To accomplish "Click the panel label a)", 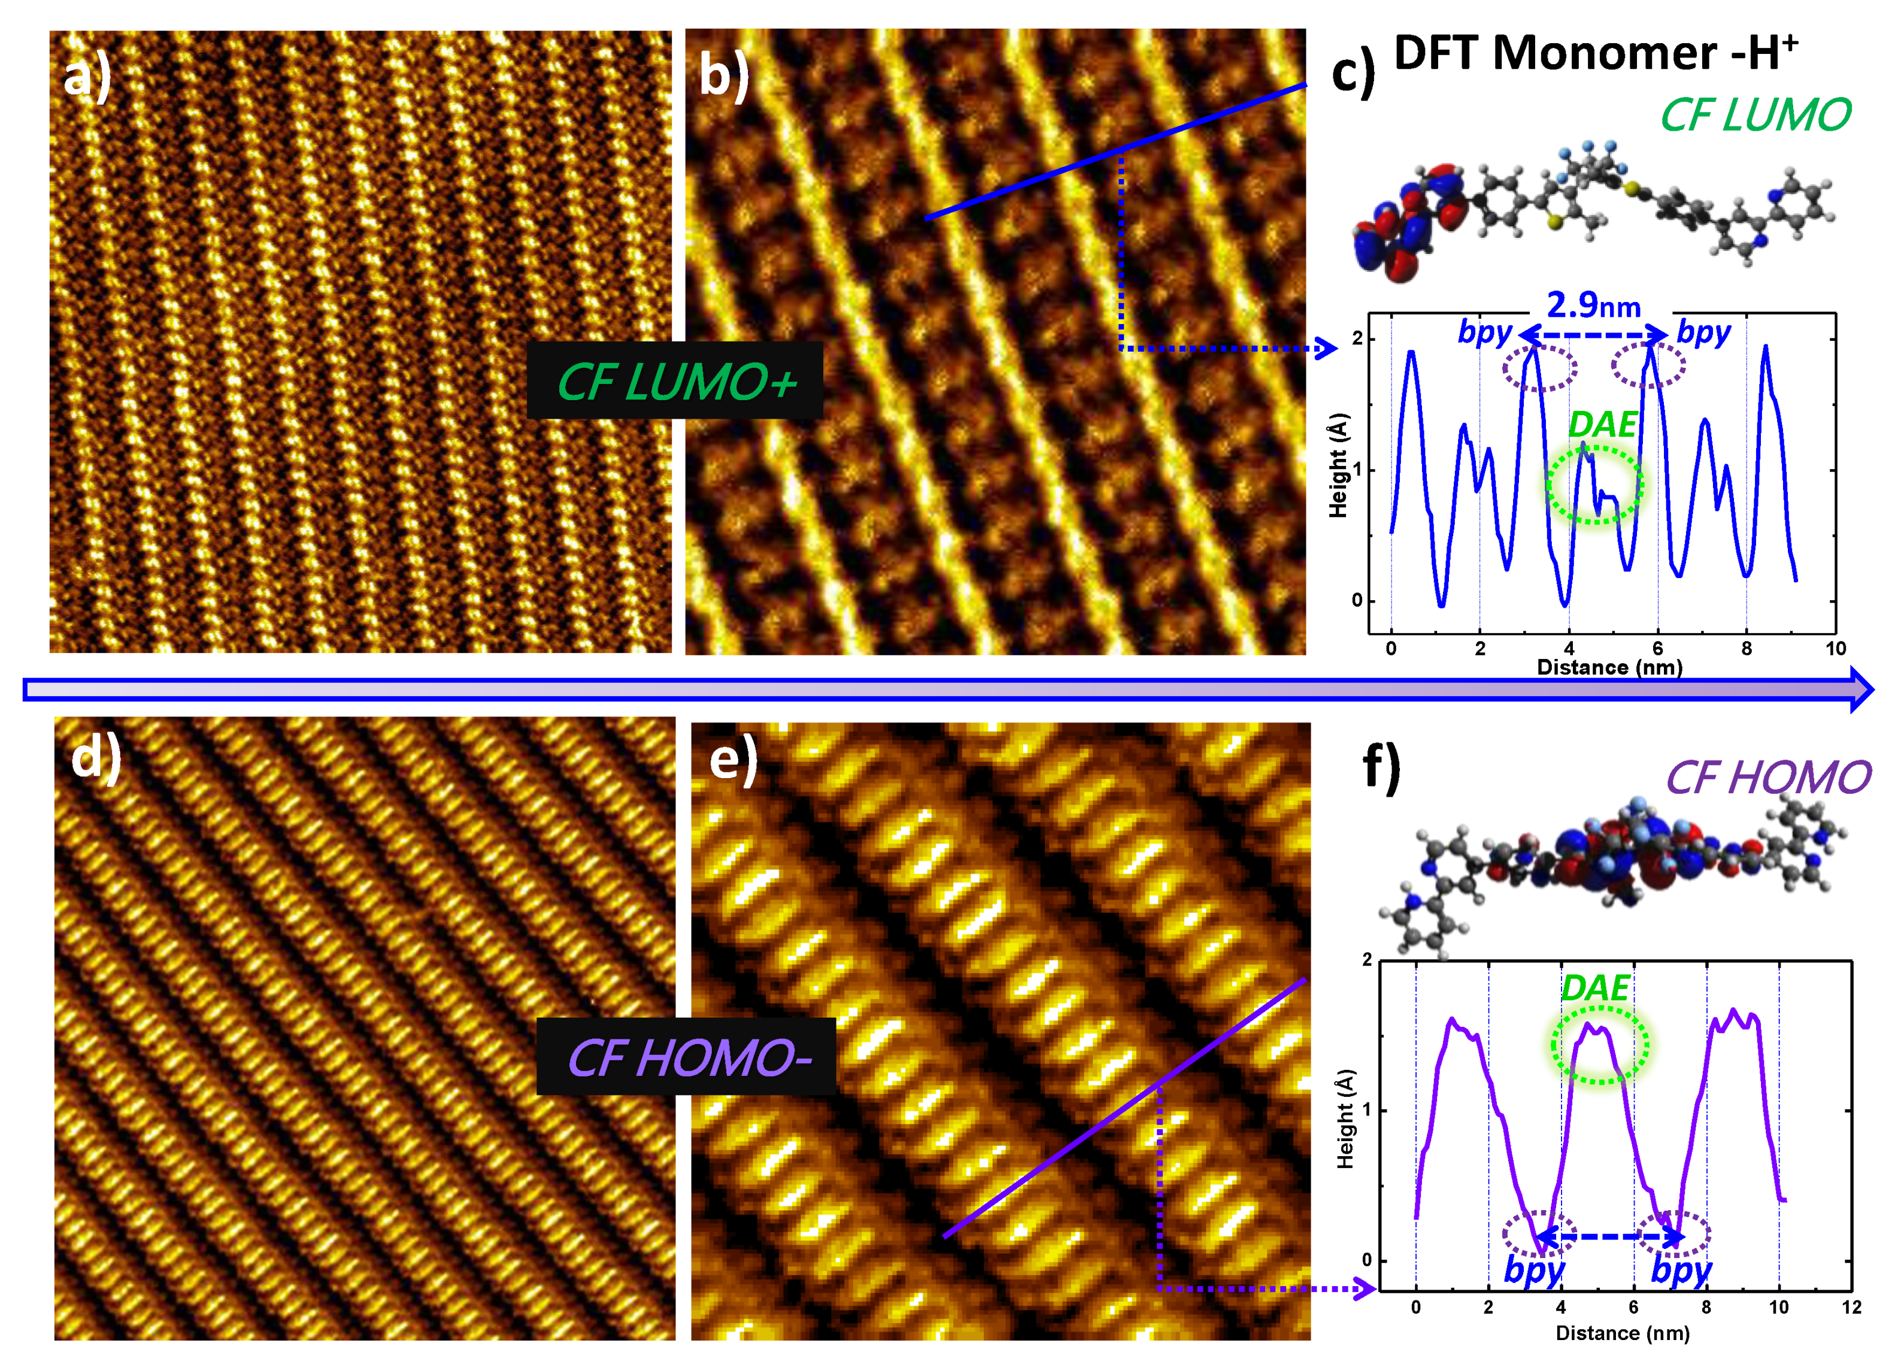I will tap(87, 78).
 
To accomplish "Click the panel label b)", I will tap(723, 75).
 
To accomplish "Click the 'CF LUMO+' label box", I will tap(675, 382).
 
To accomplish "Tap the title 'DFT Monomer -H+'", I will tap(1596, 54).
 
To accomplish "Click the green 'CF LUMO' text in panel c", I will tap(1755, 115).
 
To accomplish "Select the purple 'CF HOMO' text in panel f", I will tap(1767, 778).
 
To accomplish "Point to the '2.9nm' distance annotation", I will tap(1593, 306).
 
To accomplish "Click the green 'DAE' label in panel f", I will tap(1596, 990).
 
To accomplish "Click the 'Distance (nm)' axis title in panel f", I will tap(1622, 1333).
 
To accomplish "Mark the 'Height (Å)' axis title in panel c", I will tap(1339, 465).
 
